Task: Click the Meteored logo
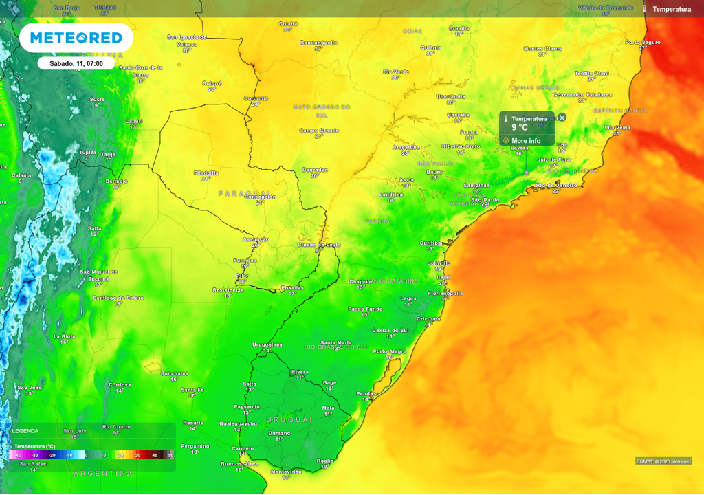click(x=76, y=38)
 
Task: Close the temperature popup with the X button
click(x=562, y=118)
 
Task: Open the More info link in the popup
click(x=525, y=141)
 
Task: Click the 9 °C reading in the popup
click(x=520, y=128)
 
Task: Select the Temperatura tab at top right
click(x=671, y=9)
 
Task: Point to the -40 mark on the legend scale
click(x=18, y=455)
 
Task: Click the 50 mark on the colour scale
click(x=170, y=455)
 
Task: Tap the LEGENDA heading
click(x=25, y=431)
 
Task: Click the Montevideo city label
click(x=286, y=472)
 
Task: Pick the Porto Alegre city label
click(x=389, y=351)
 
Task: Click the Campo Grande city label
click(x=319, y=130)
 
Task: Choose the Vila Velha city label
click(x=617, y=127)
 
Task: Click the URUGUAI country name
click(x=289, y=419)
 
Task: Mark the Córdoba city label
click(x=120, y=384)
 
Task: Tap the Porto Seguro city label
click(x=643, y=42)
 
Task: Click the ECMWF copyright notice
click(x=663, y=461)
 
